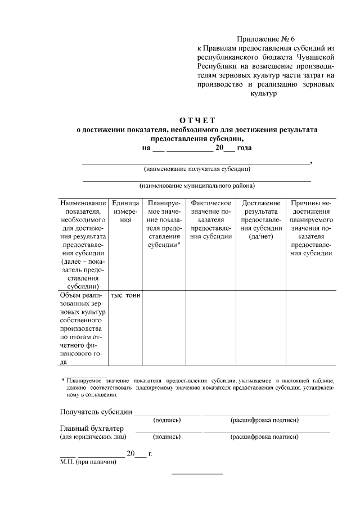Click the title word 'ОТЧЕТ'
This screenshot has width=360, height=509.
(197, 120)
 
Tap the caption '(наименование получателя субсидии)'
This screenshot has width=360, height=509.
(197, 169)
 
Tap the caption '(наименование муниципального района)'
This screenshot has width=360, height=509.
(197, 186)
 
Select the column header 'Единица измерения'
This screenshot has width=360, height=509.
(125, 211)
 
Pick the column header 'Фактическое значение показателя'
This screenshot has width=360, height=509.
(211, 219)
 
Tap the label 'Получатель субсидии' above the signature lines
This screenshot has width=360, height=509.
(96, 412)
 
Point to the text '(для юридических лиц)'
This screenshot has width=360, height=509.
(93, 437)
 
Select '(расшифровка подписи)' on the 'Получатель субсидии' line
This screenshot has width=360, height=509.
(264, 420)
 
